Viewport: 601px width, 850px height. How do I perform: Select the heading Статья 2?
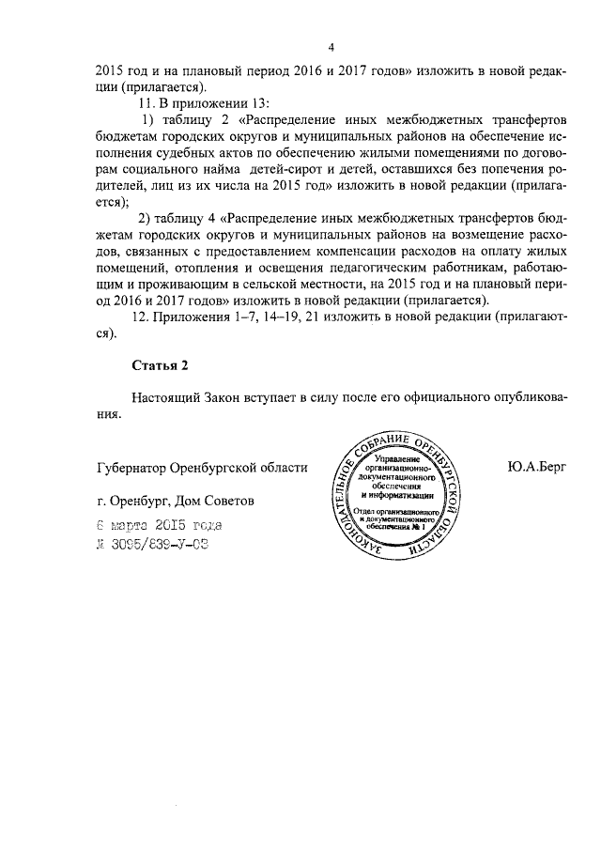coord(161,363)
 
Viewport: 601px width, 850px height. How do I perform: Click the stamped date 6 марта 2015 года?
coord(161,526)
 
